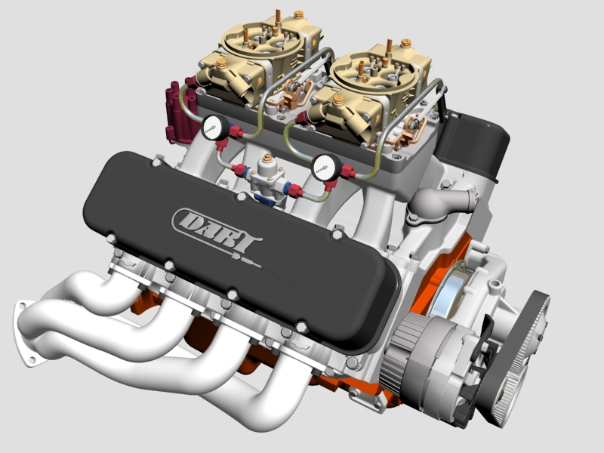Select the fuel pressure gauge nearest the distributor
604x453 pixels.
click(215, 126)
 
